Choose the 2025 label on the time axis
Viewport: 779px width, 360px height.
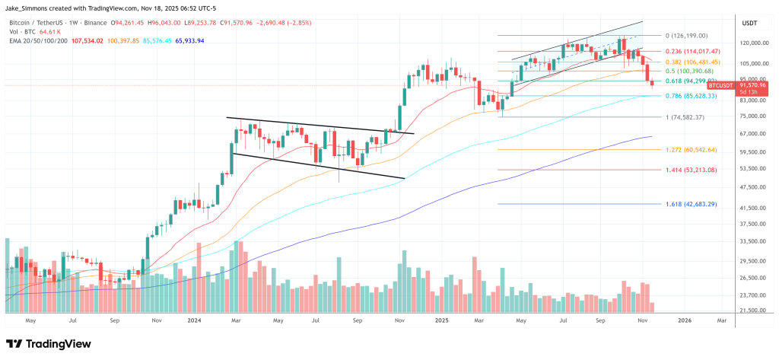click(x=442, y=322)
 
